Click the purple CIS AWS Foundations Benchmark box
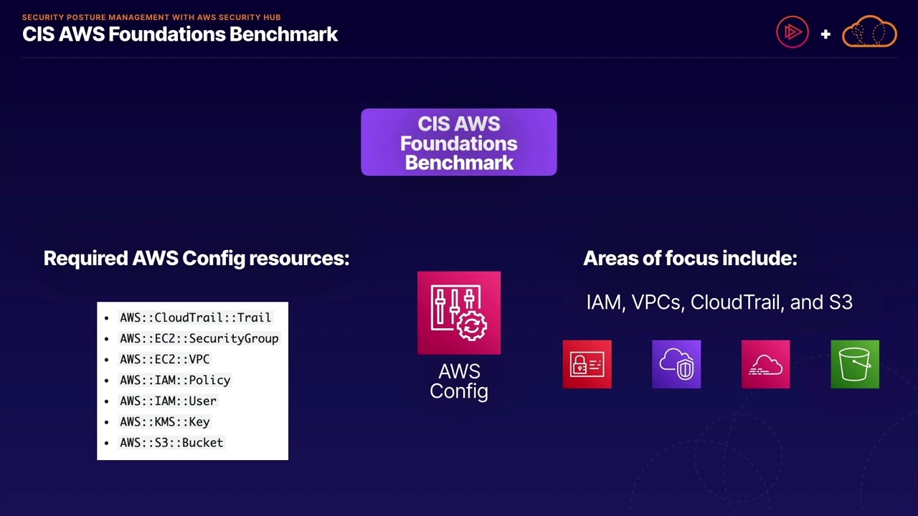(x=459, y=143)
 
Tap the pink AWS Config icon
(x=459, y=312)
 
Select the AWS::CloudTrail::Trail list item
(x=195, y=317)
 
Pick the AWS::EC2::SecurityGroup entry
(x=199, y=338)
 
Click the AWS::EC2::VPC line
(x=164, y=359)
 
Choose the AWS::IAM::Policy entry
(x=175, y=380)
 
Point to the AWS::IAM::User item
(x=168, y=401)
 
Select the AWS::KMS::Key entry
(x=164, y=421)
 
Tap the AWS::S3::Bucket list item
(x=171, y=442)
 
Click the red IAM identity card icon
(x=587, y=365)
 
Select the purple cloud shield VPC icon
(x=676, y=365)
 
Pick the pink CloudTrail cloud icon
(x=766, y=365)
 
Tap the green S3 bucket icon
(x=855, y=365)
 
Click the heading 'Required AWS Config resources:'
(x=197, y=258)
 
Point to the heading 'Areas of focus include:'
(x=690, y=258)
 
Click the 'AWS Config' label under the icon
(x=459, y=381)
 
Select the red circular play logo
(x=792, y=32)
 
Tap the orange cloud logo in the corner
(x=869, y=32)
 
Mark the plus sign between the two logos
(x=825, y=34)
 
